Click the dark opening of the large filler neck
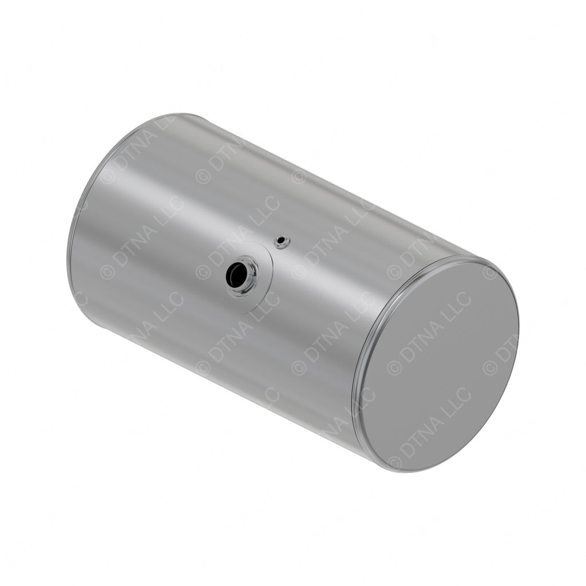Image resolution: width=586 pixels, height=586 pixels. click(236, 276)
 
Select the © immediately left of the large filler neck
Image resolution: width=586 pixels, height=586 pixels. click(203, 272)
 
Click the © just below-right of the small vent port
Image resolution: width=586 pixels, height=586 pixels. click(298, 272)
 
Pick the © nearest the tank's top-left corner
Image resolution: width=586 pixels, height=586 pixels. click(107, 176)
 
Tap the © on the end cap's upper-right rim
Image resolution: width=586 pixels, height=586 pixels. click(489, 272)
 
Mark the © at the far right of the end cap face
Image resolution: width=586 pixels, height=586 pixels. click(489, 367)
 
